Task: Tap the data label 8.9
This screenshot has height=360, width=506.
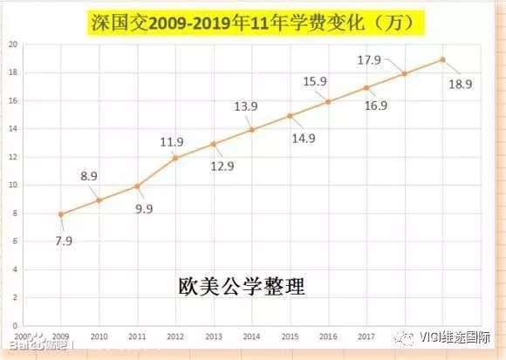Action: tap(90, 176)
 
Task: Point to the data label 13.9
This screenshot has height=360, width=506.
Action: tap(245, 105)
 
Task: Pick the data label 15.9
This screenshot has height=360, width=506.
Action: tap(315, 81)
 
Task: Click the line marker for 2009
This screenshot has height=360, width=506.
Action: tap(61, 214)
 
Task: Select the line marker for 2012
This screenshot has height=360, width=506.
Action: tap(175, 158)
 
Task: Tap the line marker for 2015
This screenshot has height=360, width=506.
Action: tap(290, 115)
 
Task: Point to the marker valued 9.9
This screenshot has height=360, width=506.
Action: tap(137, 186)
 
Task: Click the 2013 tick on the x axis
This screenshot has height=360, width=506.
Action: tap(214, 336)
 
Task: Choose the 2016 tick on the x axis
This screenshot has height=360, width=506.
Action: tap(328, 336)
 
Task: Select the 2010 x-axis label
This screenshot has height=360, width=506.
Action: tap(99, 336)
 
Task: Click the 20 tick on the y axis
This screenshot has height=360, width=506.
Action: tap(13, 44)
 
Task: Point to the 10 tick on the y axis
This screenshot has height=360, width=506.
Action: tap(13, 185)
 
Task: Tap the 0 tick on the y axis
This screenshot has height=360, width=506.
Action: tap(15, 325)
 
